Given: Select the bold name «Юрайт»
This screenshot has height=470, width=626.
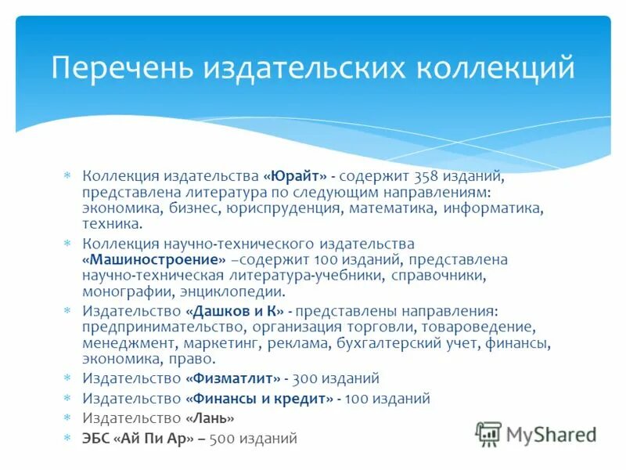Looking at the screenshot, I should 295,176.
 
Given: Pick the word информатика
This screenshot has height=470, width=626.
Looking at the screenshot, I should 493,208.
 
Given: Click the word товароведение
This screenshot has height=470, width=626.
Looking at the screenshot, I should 485,327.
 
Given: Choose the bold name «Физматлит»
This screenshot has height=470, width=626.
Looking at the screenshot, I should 232,378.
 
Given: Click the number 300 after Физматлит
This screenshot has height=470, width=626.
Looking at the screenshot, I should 305,378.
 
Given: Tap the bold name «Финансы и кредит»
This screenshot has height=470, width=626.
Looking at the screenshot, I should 258,399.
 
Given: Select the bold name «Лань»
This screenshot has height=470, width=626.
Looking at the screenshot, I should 209,418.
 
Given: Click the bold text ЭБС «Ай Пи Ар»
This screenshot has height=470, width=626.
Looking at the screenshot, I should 137,439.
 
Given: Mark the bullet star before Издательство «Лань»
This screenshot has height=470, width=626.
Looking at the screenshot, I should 67,418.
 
